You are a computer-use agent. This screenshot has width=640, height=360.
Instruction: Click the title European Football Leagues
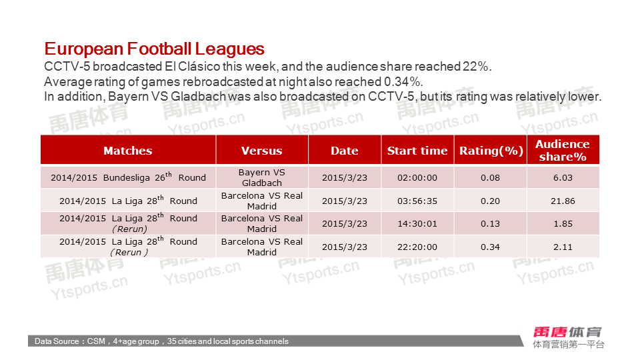point(154,49)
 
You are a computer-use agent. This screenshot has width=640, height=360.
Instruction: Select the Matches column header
point(128,151)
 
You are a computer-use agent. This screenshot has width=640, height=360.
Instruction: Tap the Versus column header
point(261,151)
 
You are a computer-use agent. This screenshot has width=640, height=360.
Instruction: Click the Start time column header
point(417,151)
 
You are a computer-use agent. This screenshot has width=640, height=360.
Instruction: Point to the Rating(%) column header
point(491,151)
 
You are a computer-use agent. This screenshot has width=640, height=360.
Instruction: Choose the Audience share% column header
point(563,150)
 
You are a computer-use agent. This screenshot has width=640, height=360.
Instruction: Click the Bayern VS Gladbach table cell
point(261,177)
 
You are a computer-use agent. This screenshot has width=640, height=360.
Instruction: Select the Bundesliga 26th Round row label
point(128,177)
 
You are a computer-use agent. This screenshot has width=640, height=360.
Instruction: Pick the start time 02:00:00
point(417,177)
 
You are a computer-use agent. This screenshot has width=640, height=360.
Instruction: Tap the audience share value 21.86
point(563,201)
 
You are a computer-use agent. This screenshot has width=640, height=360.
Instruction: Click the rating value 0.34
point(490,247)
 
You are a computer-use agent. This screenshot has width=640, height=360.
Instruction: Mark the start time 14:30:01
point(417,224)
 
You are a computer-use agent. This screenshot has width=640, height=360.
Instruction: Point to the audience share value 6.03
point(563,177)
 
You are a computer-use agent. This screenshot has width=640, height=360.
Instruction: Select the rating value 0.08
point(490,177)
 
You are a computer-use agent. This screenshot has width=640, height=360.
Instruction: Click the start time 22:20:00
point(417,247)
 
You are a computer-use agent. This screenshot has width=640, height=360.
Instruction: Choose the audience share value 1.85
point(563,224)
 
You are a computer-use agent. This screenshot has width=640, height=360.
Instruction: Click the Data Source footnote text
point(161,341)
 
